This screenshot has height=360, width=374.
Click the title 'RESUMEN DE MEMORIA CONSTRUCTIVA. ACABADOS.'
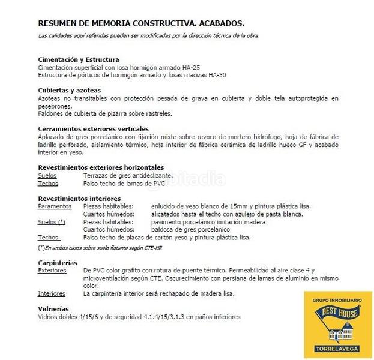tap(140, 23)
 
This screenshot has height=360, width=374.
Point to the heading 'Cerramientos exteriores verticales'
tap(93, 128)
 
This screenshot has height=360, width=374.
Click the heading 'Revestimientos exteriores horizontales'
tap(100, 167)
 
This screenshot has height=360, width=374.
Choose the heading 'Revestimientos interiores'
tap(79, 198)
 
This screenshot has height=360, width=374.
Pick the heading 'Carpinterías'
tap(57, 263)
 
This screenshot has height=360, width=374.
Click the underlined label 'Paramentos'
tap(54, 206)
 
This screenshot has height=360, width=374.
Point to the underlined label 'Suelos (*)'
tap(52, 222)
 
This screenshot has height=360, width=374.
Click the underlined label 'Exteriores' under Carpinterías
tap(52, 271)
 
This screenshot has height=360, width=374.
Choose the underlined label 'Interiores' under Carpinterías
tap(52, 294)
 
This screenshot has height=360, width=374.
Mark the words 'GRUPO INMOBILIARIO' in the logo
tap(337, 299)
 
